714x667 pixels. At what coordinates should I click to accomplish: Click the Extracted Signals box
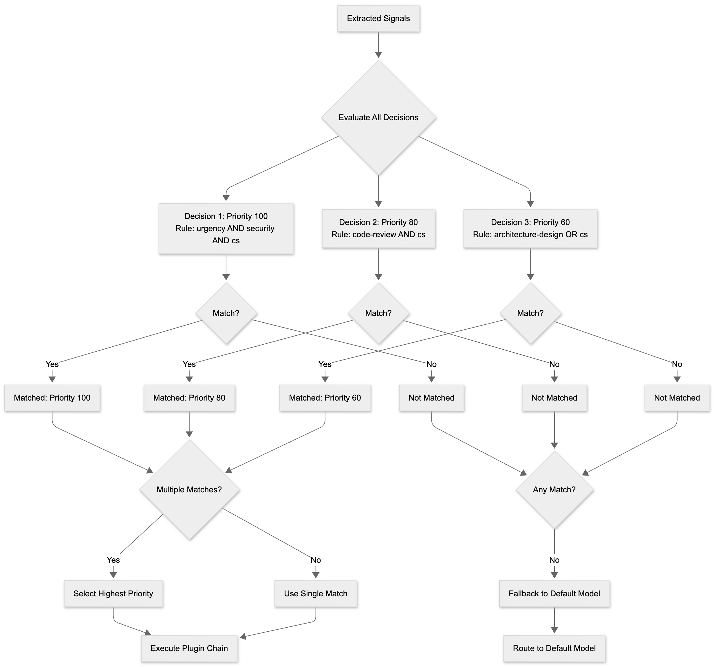click(x=378, y=19)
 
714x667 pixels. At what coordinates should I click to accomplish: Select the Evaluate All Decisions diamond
click(x=378, y=118)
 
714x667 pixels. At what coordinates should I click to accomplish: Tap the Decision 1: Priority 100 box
click(x=226, y=229)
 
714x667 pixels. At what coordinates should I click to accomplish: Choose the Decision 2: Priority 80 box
click(x=378, y=229)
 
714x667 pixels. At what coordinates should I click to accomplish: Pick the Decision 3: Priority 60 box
click(x=530, y=229)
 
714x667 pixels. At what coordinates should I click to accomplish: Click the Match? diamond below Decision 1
click(x=226, y=313)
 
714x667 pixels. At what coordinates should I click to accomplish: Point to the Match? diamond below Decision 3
click(x=530, y=313)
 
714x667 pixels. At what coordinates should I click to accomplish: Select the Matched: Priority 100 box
click(x=52, y=398)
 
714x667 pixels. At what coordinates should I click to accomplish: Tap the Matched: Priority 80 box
click(x=189, y=398)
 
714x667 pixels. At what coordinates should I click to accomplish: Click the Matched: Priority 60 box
click(x=325, y=398)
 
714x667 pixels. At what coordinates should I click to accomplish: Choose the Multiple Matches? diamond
click(x=189, y=489)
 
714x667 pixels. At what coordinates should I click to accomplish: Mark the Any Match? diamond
click(x=554, y=489)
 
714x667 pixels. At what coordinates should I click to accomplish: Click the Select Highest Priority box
click(x=113, y=594)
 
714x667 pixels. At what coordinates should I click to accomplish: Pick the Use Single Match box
click(x=316, y=594)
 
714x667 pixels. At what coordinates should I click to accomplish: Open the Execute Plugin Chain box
click(x=189, y=648)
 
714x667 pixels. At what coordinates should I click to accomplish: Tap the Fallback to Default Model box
click(x=554, y=594)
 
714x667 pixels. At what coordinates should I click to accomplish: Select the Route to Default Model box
click(x=554, y=648)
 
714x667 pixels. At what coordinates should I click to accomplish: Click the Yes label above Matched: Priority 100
click(x=52, y=364)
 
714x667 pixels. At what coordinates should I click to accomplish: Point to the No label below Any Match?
click(x=554, y=560)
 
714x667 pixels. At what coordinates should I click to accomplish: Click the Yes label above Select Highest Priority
click(x=113, y=560)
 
